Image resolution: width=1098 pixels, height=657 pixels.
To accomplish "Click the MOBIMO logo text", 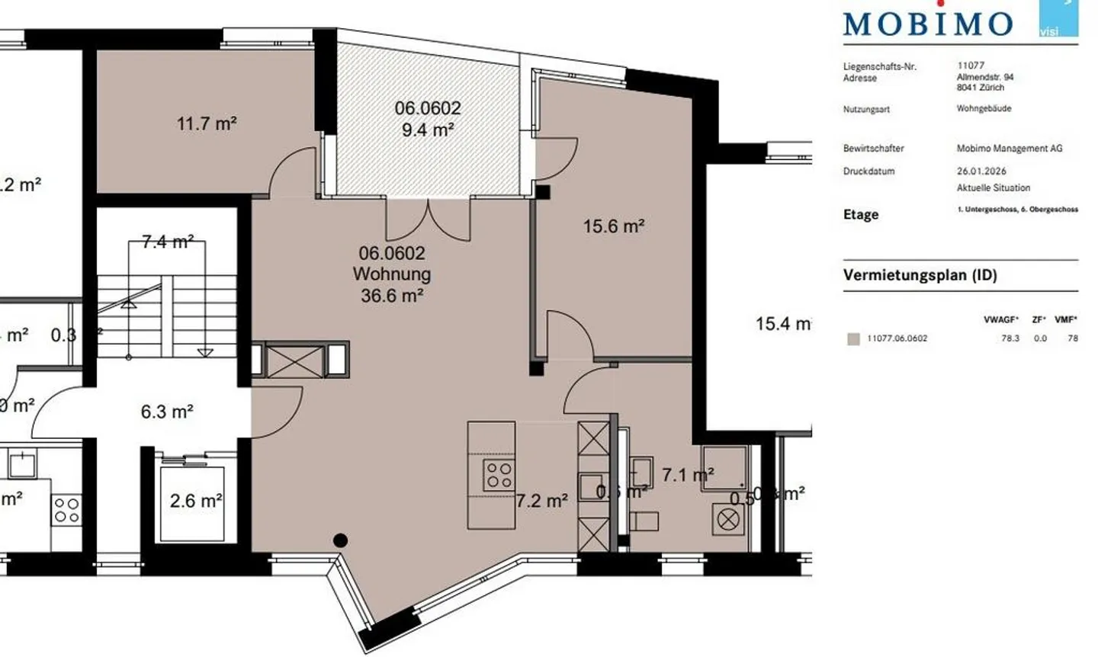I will click(x=928, y=24).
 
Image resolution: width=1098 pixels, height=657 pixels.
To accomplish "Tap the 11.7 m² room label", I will click(x=207, y=123).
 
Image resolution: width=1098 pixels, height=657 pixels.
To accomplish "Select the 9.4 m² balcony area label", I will click(x=428, y=130).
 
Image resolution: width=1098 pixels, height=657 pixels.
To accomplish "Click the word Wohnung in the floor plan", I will click(x=392, y=274).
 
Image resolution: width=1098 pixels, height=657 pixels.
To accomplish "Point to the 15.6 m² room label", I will click(x=614, y=226).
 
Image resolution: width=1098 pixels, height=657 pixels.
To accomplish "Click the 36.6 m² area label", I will click(x=392, y=295).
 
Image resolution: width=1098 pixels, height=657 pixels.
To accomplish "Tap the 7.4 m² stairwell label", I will click(x=167, y=242).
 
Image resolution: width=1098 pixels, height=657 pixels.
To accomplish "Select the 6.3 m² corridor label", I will click(x=167, y=412).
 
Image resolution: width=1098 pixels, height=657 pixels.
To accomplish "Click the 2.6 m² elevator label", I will click(x=196, y=501).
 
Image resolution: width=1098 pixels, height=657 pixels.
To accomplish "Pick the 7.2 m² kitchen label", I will click(x=542, y=501).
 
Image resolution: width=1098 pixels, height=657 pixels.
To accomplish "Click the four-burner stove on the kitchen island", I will click(x=499, y=476).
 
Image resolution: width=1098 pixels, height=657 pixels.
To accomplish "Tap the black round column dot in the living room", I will click(x=341, y=540).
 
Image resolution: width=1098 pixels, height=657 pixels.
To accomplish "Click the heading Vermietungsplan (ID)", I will click(x=920, y=275).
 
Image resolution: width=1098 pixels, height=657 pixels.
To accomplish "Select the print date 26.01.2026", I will click(x=981, y=171).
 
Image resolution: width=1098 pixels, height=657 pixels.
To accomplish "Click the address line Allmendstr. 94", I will click(x=985, y=77).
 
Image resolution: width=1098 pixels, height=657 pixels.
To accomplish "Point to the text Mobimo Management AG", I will click(x=1009, y=149).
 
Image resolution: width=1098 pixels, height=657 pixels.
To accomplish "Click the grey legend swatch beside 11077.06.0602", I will click(x=853, y=338).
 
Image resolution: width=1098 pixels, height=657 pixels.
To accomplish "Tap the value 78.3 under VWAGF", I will click(x=1010, y=338).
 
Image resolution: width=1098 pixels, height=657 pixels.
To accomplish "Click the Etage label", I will click(x=861, y=215).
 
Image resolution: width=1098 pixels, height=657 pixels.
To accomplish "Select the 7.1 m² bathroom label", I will click(x=688, y=475).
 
